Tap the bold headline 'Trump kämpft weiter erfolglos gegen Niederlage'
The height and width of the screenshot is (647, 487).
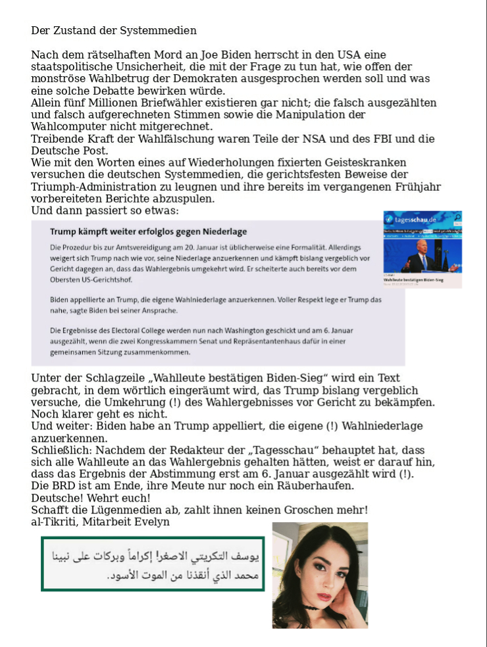click(x=149, y=231)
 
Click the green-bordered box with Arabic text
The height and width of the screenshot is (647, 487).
click(x=153, y=563)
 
